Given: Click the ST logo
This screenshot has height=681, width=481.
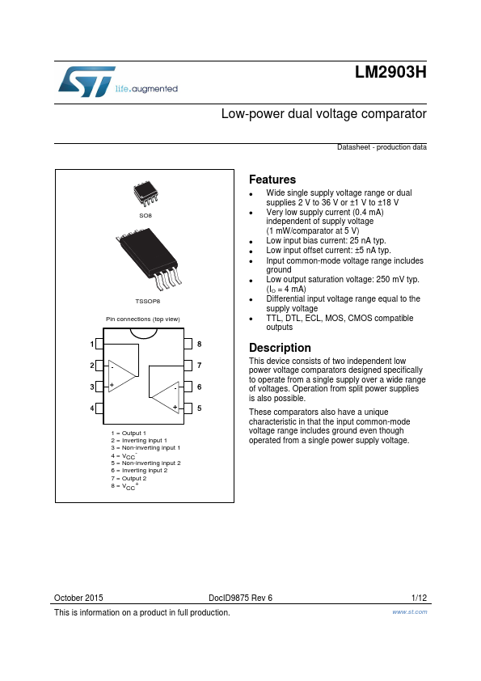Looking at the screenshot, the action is [x=86, y=81].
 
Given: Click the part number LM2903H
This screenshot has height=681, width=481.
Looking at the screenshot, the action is [x=390, y=72].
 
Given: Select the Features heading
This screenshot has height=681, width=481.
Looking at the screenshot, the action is [x=272, y=180].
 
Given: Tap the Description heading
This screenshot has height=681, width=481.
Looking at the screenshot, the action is [x=280, y=348].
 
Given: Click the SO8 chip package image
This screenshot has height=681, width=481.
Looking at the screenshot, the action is [x=146, y=193].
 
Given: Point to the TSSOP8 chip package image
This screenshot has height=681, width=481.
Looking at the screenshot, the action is [x=149, y=259].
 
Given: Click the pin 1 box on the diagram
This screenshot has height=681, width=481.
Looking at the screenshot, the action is [x=99, y=344].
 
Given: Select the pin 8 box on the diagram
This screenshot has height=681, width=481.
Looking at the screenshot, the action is [x=188, y=344].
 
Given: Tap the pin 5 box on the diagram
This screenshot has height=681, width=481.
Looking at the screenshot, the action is [x=188, y=408].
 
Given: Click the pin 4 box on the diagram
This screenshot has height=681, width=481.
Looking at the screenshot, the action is [x=99, y=408].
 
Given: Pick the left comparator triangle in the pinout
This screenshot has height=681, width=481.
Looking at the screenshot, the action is [x=121, y=375].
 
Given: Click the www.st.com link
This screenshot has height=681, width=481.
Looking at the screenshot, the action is [x=409, y=611].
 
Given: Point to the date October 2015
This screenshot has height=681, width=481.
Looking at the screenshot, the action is [x=78, y=598].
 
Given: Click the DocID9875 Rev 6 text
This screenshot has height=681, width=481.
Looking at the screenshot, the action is [x=241, y=598].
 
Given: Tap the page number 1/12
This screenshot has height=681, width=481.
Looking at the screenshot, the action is [x=419, y=598].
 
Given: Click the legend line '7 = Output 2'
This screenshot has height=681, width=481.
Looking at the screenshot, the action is [x=129, y=478].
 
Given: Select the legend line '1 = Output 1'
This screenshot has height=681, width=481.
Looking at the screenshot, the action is [x=129, y=433].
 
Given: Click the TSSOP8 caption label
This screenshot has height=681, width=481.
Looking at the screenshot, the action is [x=148, y=301].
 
